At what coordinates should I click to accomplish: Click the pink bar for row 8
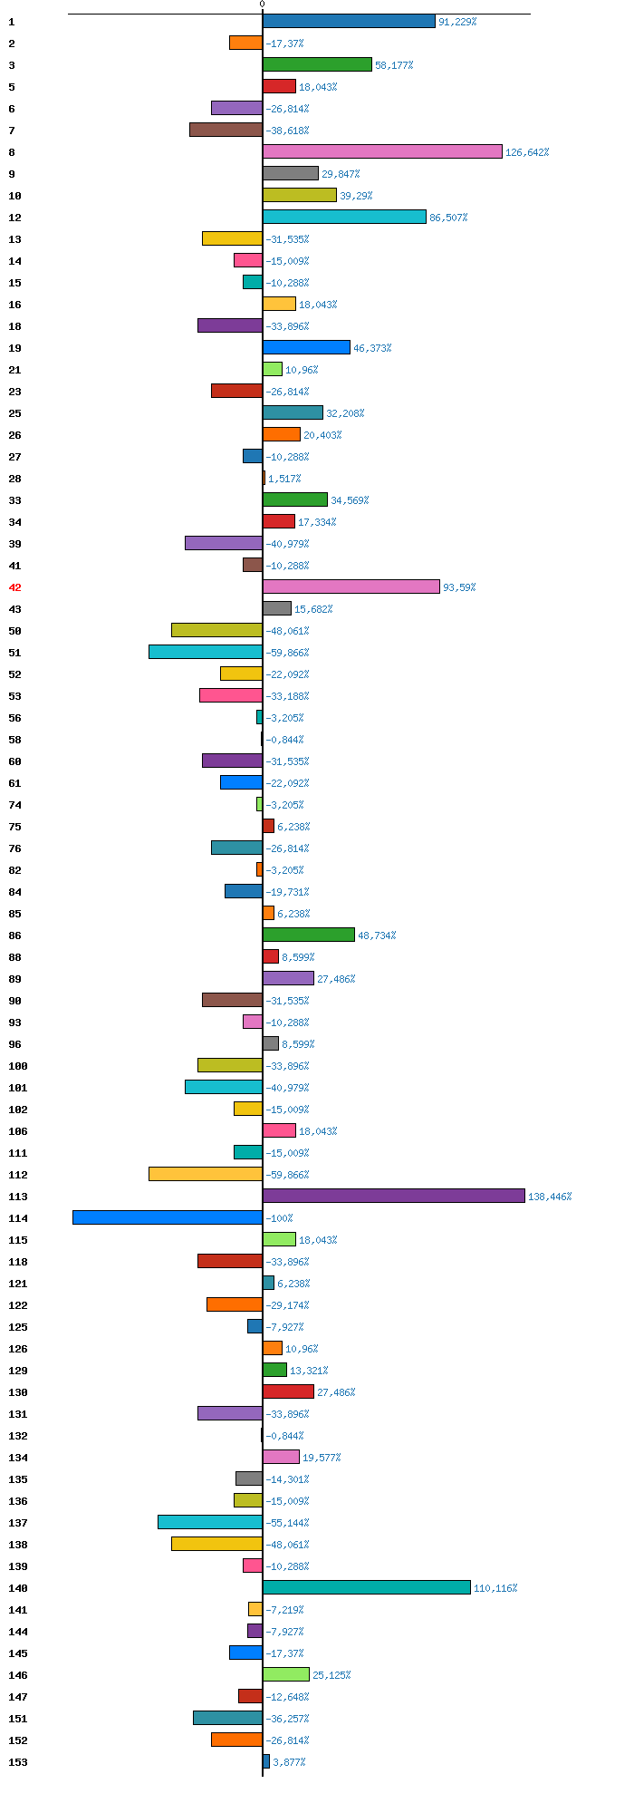[x=382, y=151]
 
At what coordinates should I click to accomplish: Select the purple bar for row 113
[x=394, y=1196]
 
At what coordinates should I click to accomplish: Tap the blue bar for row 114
[x=168, y=1217]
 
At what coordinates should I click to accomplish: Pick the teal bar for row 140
[x=367, y=1587]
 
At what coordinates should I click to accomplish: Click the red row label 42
[x=14, y=587]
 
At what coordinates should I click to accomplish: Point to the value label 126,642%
[x=527, y=152]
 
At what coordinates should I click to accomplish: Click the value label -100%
[x=280, y=1218]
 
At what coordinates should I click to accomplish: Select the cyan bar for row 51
[x=206, y=652]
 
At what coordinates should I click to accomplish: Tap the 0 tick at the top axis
[x=263, y=5]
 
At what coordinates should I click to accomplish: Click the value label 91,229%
[x=457, y=22]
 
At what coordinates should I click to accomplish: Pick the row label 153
[x=18, y=1762]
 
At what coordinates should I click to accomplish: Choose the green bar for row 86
[x=309, y=935]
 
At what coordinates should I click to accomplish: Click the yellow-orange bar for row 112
[x=206, y=1174]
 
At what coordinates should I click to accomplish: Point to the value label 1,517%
[x=284, y=479]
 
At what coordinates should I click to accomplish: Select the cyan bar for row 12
[x=344, y=217]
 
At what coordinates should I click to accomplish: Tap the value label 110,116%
[x=495, y=1588]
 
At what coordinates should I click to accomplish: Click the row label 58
[x=14, y=740]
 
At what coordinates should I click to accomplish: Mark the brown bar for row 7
[x=226, y=130]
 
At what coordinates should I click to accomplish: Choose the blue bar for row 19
[x=306, y=347]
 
